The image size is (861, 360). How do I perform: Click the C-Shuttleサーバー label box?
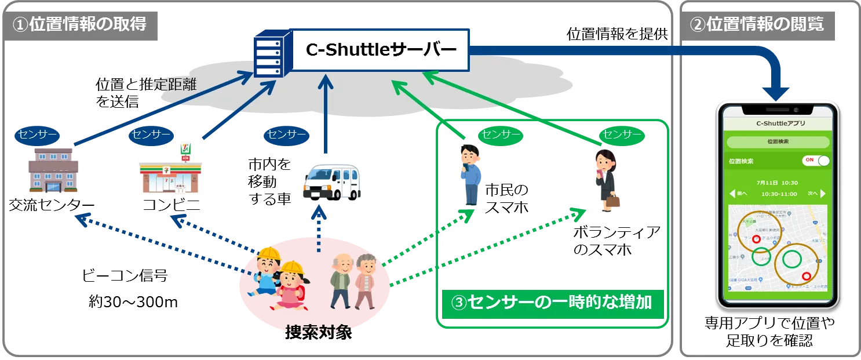click(x=381, y=50)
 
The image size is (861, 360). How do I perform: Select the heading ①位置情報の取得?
click(x=79, y=24)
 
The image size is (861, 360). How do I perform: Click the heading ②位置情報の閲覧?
click(x=757, y=24)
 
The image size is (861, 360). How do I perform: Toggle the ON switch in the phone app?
click(x=815, y=160)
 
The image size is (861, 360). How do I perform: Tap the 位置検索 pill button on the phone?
click(x=777, y=141)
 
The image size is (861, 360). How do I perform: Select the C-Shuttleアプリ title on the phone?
click(x=778, y=123)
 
